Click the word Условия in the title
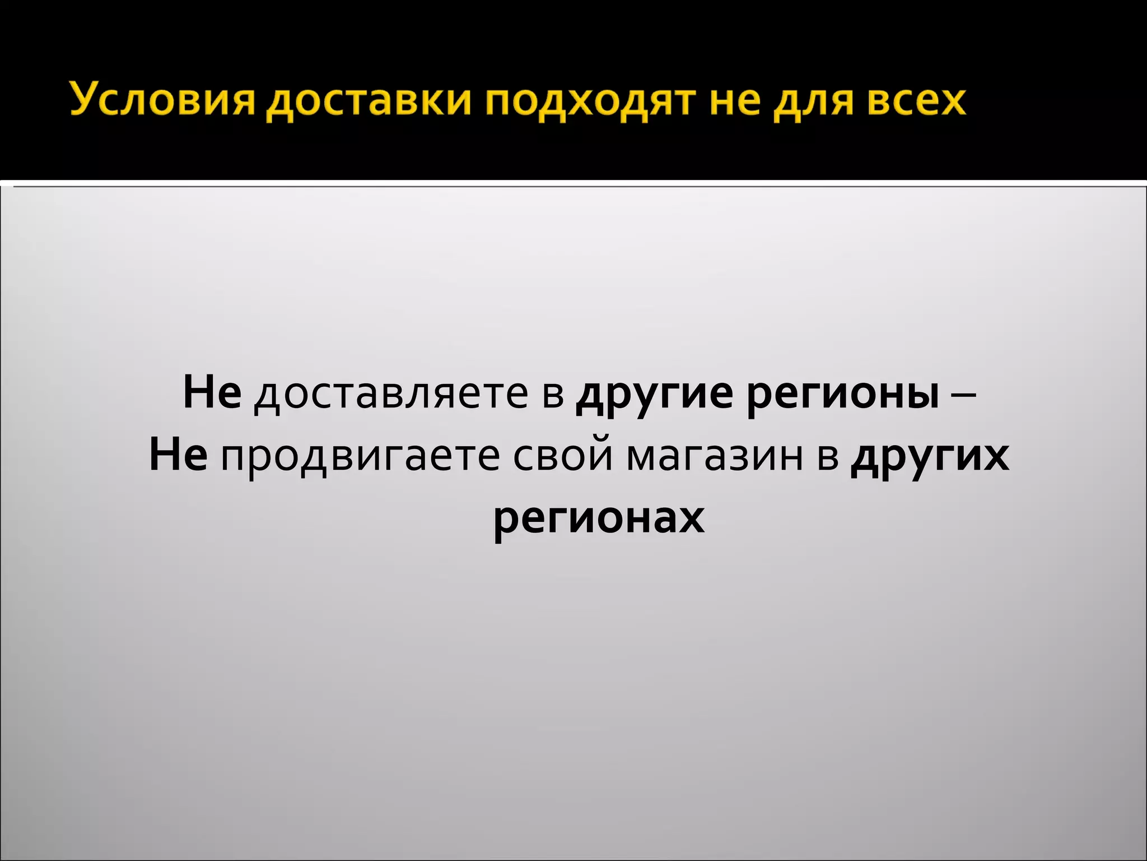coord(162,101)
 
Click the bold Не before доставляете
coord(212,392)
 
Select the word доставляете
coord(391,394)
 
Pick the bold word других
coord(929,457)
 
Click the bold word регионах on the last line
coord(598,519)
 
